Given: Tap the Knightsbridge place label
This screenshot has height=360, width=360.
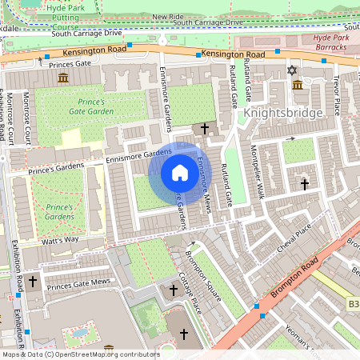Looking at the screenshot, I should [283, 114].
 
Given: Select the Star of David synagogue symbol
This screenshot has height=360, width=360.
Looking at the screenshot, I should [291, 70].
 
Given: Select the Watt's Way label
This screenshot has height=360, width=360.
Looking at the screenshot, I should [60, 239].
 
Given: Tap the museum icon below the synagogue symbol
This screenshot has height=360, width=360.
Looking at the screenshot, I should [297, 85].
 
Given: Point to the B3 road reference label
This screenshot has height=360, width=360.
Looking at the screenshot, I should [353, 305].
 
